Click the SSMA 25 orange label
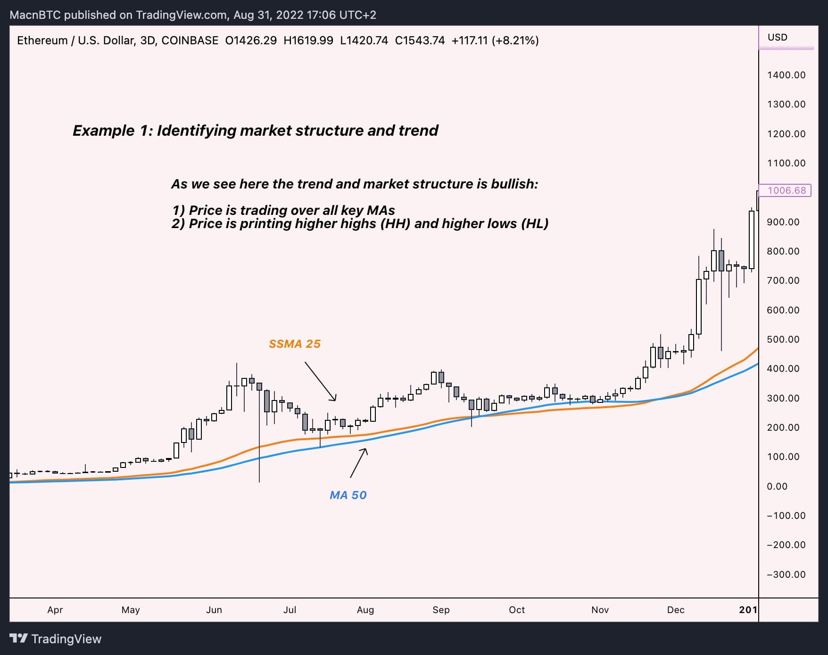pyautogui.click(x=294, y=344)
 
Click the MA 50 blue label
pyautogui.click(x=348, y=495)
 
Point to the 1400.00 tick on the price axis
pyautogui.click(x=786, y=75)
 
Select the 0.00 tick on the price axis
pyautogui.click(x=777, y=486)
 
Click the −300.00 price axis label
pyautogui.click(x=786, y=574)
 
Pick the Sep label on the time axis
pyautogui.click(x=441, y=610)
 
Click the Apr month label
pyautogui.click(x=55, y=610)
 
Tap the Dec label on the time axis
pyautogui.click(x=675, y=610)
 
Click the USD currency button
pyautogui.click(x=778, y=37)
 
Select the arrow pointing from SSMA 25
pyautogui.click(x=321, y=381)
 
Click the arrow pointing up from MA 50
pyautogui.click(x=358, y=463)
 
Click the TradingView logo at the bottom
pyautogui.click(x=56, y=639)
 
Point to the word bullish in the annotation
pyautogui.click(x=514, y=184)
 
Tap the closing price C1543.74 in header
pyautogui.click(x=420, y=41)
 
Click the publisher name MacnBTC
pyautogui.click(x=35, y=15)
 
